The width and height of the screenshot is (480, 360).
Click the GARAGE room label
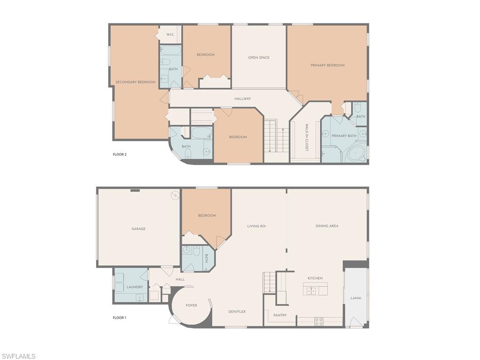138,229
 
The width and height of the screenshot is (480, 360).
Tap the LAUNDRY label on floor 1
135,287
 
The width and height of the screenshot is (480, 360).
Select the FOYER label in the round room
191,305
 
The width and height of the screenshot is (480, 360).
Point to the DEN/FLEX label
237,312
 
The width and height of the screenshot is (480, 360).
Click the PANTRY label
280,315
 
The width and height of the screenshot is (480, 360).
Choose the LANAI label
356,298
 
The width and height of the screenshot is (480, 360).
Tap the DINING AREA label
327,226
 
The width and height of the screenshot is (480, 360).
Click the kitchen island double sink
311,291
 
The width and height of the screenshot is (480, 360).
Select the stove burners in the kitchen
319,322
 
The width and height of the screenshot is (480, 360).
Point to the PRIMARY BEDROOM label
328,65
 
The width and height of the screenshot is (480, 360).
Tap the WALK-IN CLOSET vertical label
307,137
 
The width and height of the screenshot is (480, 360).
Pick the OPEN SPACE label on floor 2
259,58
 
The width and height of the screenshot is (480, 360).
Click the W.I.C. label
171,35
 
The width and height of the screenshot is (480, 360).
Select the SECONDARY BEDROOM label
135,82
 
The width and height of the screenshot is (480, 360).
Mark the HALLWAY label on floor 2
242,98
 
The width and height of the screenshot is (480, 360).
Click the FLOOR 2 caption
120,154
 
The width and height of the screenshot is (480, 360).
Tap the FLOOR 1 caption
120,318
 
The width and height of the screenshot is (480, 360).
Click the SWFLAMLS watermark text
18,356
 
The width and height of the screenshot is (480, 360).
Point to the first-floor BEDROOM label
207,216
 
